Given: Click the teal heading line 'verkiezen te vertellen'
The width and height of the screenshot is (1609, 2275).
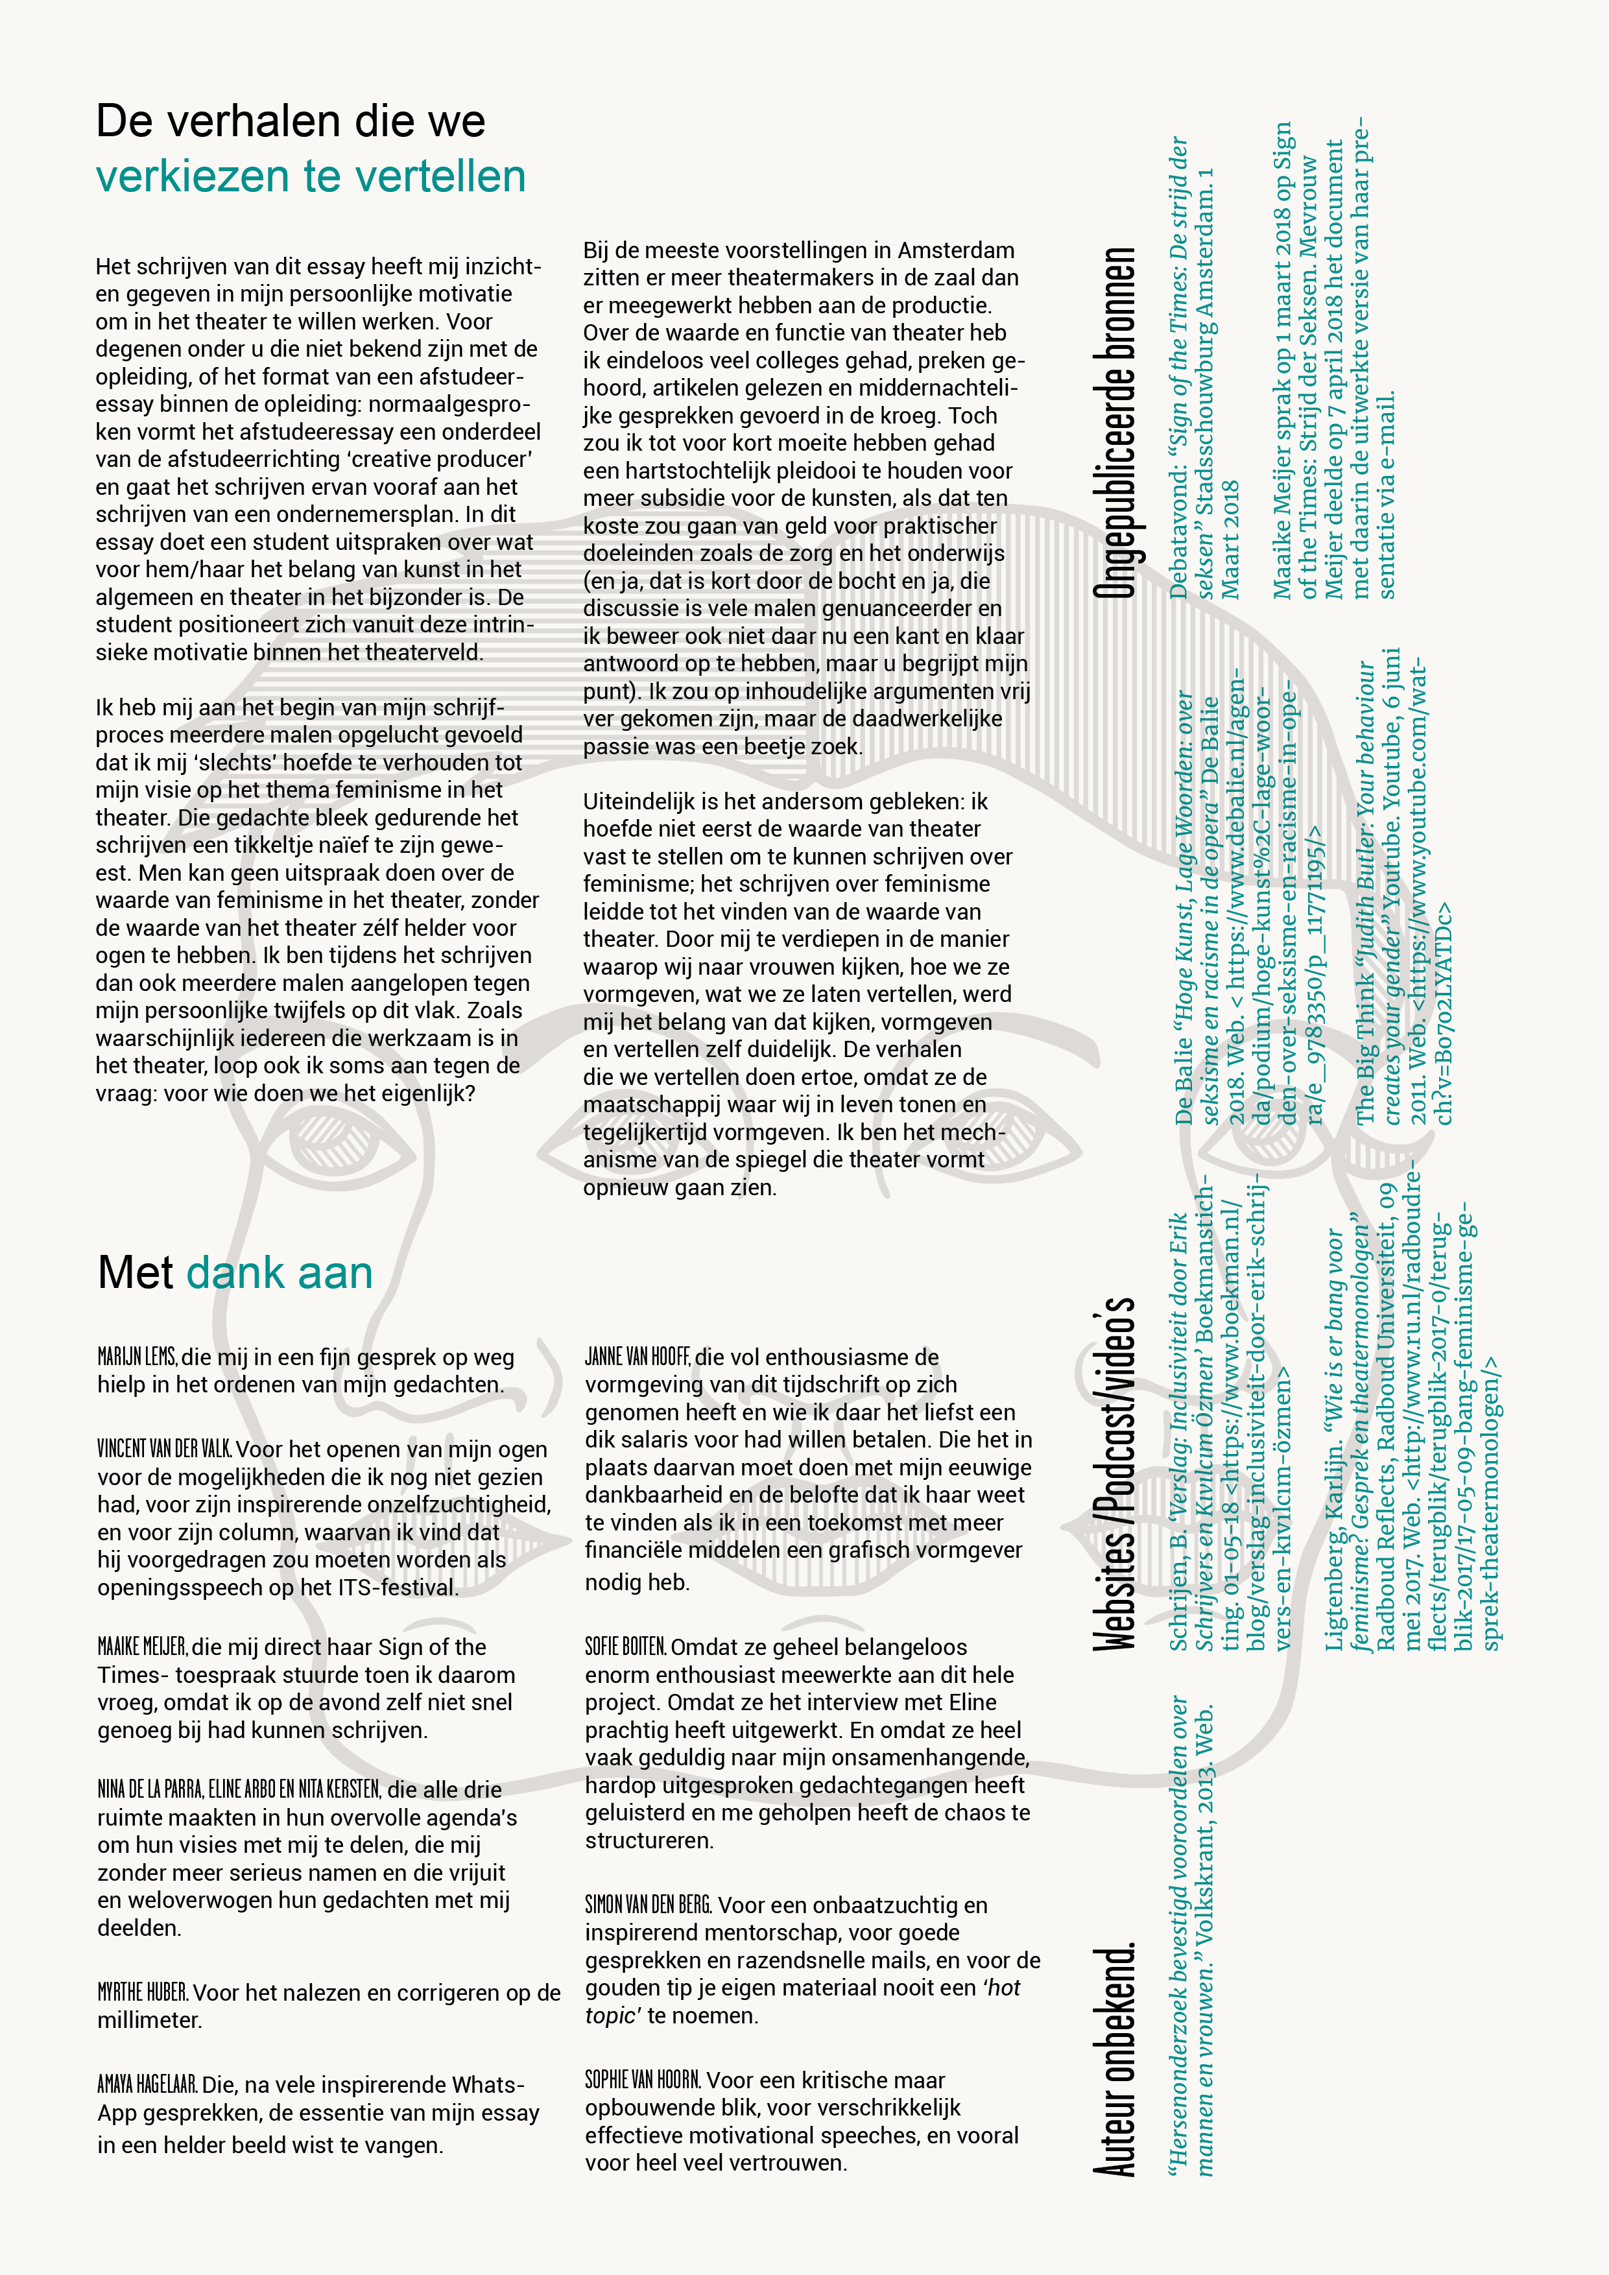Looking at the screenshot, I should click(310, 177).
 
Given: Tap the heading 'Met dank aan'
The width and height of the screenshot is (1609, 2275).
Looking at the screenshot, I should click(235, 1273).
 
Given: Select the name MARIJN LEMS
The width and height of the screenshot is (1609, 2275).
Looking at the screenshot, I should click(137, 1357).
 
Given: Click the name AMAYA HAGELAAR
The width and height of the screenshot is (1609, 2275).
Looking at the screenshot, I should click(147, 2085).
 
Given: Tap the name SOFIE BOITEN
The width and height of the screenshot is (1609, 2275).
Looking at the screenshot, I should click(625, 1647).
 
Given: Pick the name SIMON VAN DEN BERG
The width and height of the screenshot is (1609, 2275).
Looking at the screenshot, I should click(648, 1905).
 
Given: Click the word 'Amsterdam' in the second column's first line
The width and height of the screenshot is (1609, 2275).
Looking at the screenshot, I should click(956, 251).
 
